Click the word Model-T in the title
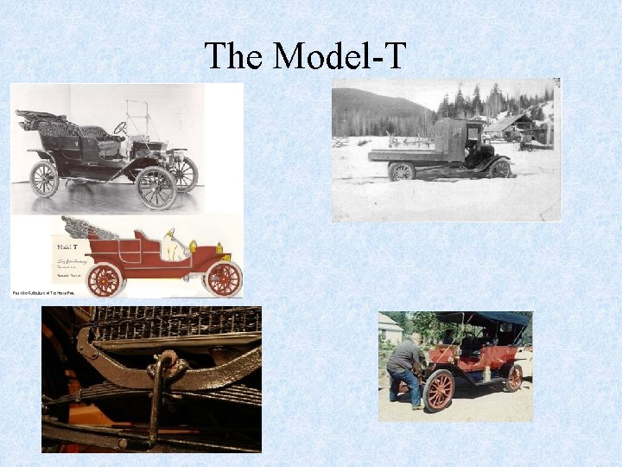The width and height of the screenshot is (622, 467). (339, 56)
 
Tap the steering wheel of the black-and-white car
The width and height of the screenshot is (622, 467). (120, 128)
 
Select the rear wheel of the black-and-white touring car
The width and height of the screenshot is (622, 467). (43, 179)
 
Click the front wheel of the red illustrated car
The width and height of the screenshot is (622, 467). (224, 278)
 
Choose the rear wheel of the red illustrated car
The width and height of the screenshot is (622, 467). (105, 279)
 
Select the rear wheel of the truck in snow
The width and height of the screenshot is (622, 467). (401, 171)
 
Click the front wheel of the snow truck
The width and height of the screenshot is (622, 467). (499, 168)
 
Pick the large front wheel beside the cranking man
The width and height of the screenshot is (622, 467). (438, 389)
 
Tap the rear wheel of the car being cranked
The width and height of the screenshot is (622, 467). (514, 378)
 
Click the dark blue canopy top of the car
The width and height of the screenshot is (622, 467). (484, 318)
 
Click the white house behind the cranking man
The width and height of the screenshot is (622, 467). (389, 329)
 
